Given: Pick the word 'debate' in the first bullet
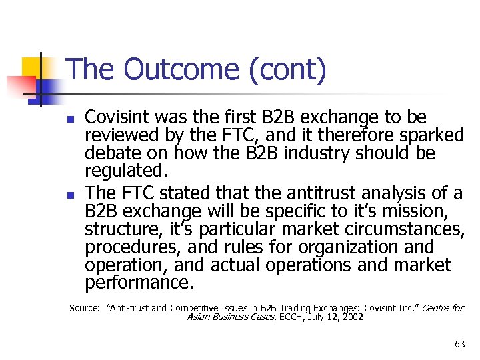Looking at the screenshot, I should tap(111, 155).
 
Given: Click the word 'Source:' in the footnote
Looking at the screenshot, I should tap(85, 308).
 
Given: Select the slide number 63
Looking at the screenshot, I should tap(459, 344).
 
